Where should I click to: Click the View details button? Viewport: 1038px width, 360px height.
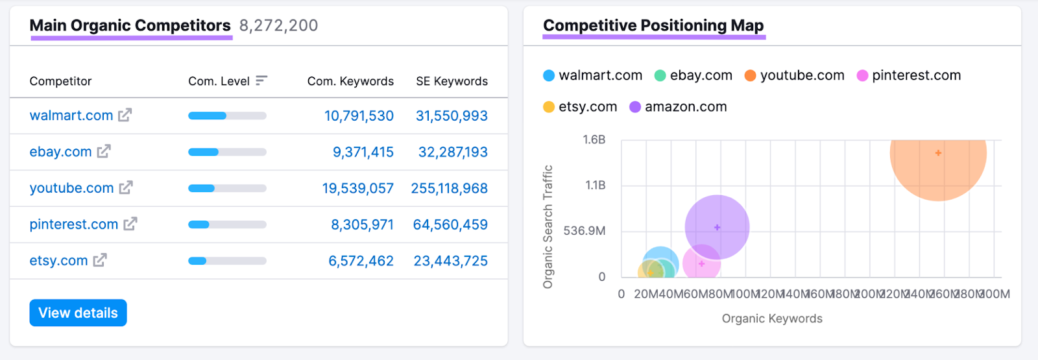[x=78, y=313]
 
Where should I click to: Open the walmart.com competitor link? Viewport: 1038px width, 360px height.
[x=71, y=115]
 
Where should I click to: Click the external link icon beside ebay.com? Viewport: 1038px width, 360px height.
[x=104, y=151]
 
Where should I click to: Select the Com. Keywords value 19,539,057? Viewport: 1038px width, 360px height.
[x=357, y=188]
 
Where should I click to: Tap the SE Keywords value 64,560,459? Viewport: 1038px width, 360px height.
[x=450, y=224]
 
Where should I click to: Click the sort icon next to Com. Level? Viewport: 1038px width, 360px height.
[x=261, y=80]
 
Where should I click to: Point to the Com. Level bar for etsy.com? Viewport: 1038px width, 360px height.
[x=227, y=261]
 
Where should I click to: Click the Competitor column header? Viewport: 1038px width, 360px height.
[x=60, y=81]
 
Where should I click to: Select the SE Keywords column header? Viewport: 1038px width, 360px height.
[x=452, y=81]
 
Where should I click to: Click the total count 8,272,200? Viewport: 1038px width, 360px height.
[x=278, y=25]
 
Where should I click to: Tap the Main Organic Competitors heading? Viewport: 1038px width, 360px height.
[x=130, y=25]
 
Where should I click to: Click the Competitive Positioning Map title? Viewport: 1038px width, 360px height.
[x=653, y=25]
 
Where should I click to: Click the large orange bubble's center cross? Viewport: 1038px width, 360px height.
[x=938, y=153]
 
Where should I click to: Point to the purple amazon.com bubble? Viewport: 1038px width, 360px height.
[x=717, y=227]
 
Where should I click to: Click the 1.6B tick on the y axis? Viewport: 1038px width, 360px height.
[x=594, y=139]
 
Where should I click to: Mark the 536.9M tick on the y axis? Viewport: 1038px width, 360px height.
[x=584, y=231]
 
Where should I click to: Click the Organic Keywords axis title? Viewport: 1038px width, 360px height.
[x=772, y=318]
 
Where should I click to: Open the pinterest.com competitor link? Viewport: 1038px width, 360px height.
[x=73, y=224]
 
